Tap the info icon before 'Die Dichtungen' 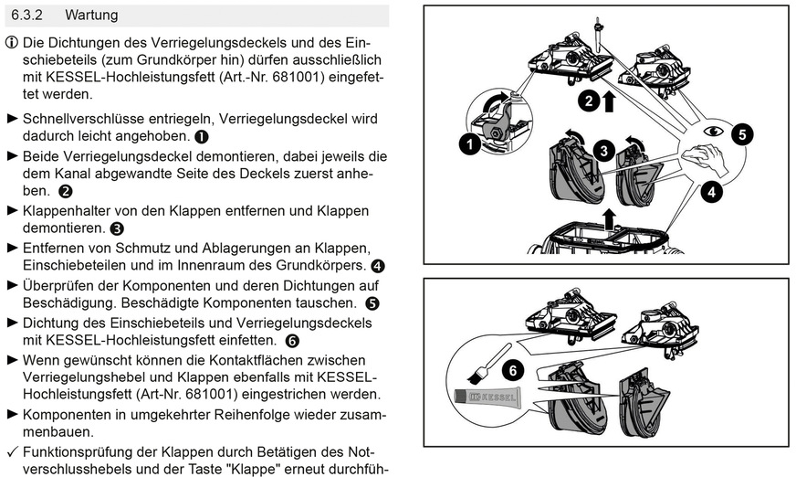(11, 44)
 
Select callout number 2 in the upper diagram (591, 100)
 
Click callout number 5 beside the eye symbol (742, 133)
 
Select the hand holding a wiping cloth (705, 161)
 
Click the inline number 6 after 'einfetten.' (292, 341)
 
